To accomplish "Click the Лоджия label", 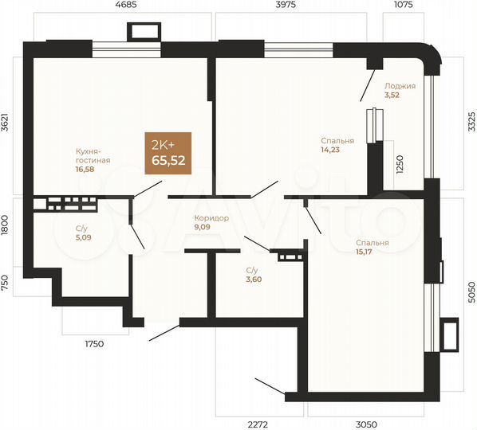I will (399, 85).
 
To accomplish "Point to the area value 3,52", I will (391, 95).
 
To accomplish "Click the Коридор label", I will (211, 217).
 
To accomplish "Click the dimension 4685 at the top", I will (127, 6).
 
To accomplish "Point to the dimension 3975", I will (286, 6).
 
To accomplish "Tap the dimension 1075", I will (405, 6).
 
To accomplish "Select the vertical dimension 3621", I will (6, 126).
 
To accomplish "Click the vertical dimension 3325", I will (470, 122).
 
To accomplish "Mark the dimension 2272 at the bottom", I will (258, 424).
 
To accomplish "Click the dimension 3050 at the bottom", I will (366, 424).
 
